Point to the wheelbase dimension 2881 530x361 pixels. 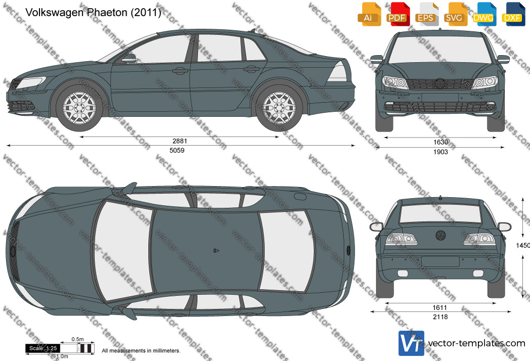180,141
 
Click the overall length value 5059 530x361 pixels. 177,151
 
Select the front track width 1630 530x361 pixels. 440,142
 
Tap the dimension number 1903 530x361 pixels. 440,152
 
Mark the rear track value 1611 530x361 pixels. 440,307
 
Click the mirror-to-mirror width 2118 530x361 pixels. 440,317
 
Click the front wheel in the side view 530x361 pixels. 79,108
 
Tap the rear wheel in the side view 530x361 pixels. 279,108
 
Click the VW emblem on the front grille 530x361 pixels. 440,83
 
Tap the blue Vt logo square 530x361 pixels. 411,343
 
